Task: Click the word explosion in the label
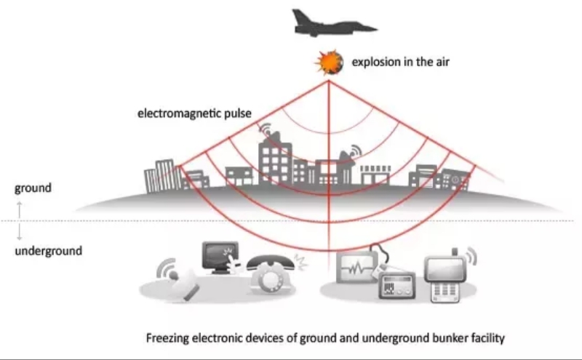pyautogui.click(x=375, y=62)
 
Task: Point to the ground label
pyautogui.click(x=33, y=188)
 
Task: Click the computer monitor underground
pyautogui.click(x=218, y=256)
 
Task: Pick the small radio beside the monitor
pyautogui.click(x=396, y=286)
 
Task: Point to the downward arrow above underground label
pyautogui.click(x=20, y=232)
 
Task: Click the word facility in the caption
pyautogui.click(x=485, y=338)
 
